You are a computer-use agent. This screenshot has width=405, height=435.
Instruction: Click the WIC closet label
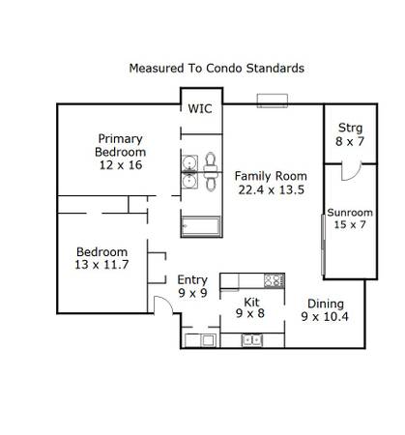coord(200,109)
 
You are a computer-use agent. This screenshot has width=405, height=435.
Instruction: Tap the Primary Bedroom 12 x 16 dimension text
coord(121,165)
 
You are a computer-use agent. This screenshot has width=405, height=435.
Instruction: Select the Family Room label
coord(271,176)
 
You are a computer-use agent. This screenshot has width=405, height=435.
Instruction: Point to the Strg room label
coord(350,128)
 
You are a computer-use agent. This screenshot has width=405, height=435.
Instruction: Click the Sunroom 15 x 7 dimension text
coord(350,224)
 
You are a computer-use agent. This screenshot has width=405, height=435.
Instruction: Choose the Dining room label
coord(326,304)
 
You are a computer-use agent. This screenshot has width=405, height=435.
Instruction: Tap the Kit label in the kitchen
coord(251,303)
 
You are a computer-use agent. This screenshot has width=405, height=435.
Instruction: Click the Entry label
coord(192,280)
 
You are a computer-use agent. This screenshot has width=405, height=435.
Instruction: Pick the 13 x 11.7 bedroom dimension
coord(101,265)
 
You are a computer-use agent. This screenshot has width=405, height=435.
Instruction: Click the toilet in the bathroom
coord(210,172)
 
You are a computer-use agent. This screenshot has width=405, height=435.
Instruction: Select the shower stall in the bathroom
coord(201,227)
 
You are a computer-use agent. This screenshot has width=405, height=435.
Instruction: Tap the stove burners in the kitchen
coord(275,280)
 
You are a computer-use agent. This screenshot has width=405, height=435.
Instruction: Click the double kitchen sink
coord(252,340)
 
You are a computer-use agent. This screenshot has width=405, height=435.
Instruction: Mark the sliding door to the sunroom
coord(323,245)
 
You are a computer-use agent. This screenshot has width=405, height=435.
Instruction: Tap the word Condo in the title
coord(223,69)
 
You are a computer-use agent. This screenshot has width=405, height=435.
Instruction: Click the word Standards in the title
coord(275,69)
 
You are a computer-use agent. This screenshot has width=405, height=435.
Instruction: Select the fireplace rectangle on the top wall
coord(273,101)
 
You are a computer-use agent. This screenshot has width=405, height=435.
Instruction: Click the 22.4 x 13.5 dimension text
coord(272,189)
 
